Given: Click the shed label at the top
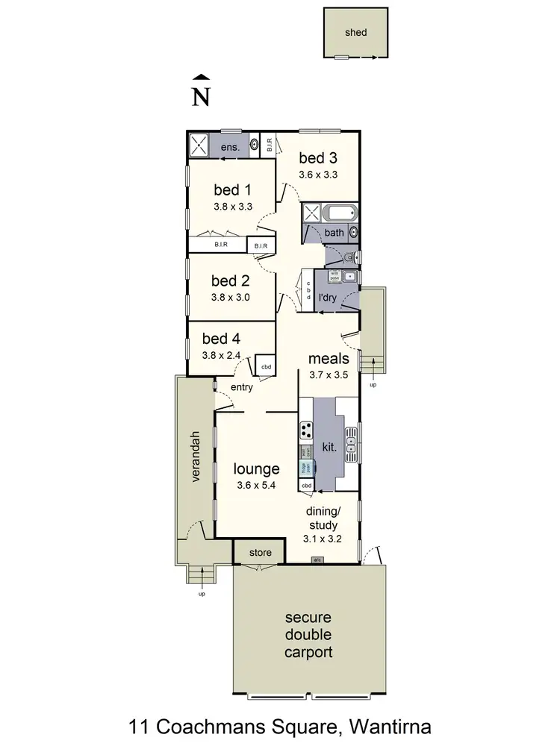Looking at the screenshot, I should click(356, 33).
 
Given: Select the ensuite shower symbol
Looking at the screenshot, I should click(199, 145).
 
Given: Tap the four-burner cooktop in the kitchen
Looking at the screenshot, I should click(306, 430).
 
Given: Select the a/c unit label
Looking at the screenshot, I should click(317, 559).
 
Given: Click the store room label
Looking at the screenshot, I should click(259, 553).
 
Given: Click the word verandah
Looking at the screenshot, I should click(196, 457).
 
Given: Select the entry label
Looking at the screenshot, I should click(241, 387).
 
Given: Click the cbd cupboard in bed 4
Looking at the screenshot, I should click(266, 366).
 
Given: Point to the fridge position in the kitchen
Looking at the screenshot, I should click(305, 468).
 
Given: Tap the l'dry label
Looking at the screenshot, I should click(326, 298).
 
